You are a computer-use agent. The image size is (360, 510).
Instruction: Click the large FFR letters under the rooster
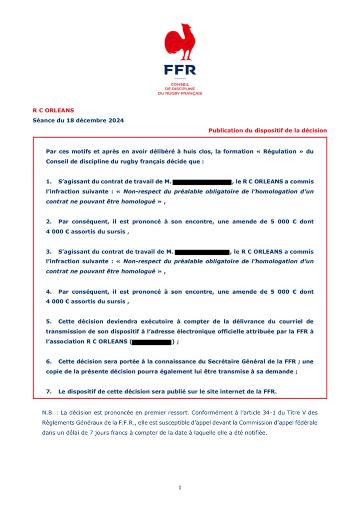tap(180, 69)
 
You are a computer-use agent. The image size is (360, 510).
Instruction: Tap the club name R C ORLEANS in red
tap(53, 110)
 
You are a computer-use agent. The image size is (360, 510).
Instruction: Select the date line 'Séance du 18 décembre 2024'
tap(78, 120)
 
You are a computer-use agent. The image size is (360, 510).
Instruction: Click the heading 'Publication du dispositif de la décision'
tap(268, 130)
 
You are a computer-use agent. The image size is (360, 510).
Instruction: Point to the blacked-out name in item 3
tap(202, 252)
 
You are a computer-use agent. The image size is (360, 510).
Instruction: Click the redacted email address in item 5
tap(152, 342)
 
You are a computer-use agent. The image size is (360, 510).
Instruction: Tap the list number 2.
tap(48, 221)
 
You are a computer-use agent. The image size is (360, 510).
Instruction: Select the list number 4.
tap(48, 292)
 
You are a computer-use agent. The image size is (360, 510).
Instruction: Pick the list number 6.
tap(48, 361)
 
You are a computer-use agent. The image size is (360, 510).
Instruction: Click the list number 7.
tap(48, 392)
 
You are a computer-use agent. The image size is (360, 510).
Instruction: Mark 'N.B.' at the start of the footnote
tap(49, 413)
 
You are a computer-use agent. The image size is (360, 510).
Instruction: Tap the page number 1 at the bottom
tap(180, 487)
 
